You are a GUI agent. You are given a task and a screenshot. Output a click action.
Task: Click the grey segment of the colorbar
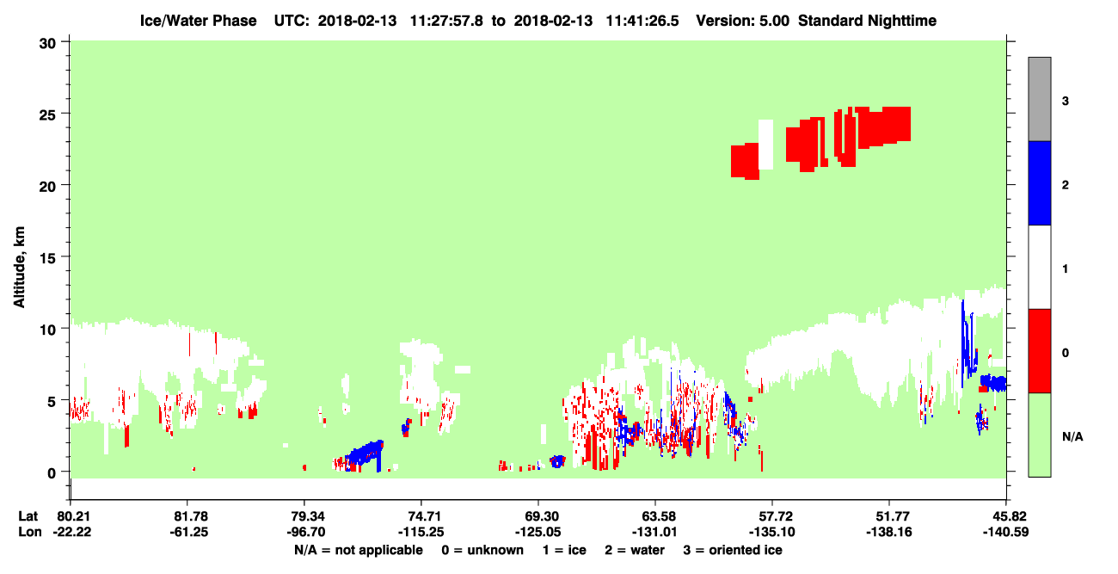click(x=1039, y=99)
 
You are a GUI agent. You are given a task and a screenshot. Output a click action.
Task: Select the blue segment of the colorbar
click(x=1039, y=182)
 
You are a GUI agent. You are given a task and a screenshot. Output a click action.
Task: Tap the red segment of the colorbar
click(x=1039, y=351)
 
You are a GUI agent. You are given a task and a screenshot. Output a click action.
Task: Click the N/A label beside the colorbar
click(x=1072, y=436)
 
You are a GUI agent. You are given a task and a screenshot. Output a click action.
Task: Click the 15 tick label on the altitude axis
click(x=48, y=258)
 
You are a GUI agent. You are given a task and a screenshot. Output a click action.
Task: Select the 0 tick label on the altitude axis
click(x=52, y=472)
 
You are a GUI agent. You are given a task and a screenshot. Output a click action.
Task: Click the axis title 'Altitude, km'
click(x=19, y=268)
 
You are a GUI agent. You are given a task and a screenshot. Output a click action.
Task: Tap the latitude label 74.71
click(x=421, y=515)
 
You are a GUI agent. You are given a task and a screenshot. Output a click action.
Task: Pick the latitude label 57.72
click(x=772, y=515)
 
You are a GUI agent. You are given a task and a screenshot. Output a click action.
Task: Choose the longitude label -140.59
click(x=1005, y=532)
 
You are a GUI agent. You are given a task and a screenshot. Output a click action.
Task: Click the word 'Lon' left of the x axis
click(x=30, y=532)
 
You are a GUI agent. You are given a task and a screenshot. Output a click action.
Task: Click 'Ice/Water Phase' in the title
click(x=198, y=21)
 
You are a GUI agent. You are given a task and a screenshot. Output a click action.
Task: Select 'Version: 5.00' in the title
click(x=743, y=21)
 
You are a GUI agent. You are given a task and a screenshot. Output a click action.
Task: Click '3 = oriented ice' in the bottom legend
click(x=733, y=550)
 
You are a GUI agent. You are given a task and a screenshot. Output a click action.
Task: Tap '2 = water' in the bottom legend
click(x=635, y=550)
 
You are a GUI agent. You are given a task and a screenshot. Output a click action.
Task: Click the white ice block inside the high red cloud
click(x=765, y=145)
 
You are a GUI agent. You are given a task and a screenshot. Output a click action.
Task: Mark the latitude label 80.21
click(x=72, y=515)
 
